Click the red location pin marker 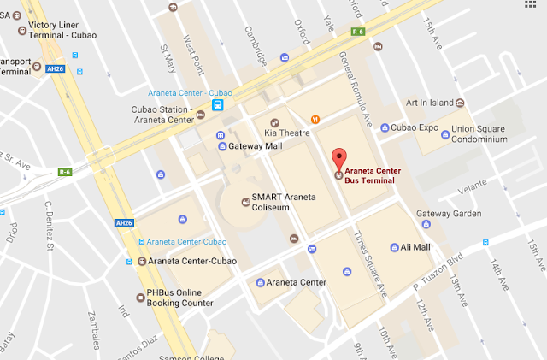(339, 158)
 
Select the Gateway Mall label (256, 146)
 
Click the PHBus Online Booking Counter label (179, 297)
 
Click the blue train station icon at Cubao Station (220, 106)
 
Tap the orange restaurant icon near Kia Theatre (315, 119)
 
